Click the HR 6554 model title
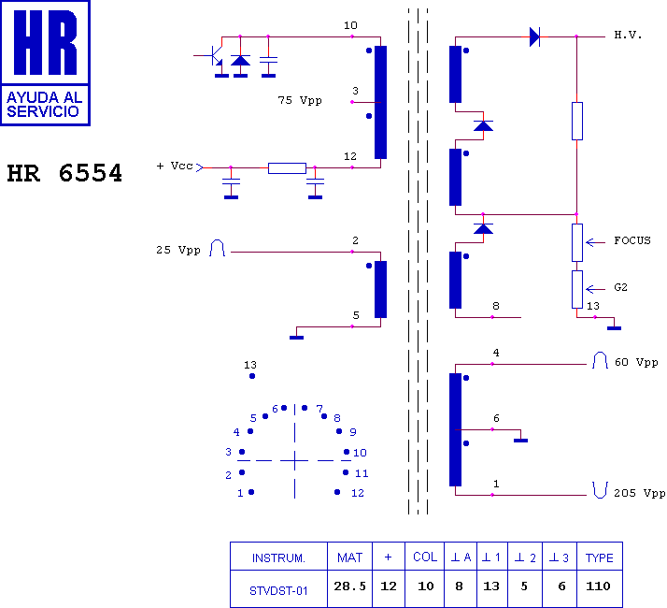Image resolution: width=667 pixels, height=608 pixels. coord(64,173)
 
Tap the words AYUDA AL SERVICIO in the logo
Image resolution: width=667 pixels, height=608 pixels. coord(44,105)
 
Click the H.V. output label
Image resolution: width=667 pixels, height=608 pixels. coord(628,35)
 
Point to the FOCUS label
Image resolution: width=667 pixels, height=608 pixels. coord(632,240)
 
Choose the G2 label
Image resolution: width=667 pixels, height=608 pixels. coord(620,287)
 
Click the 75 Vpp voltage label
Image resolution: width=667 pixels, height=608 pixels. coord(300,100)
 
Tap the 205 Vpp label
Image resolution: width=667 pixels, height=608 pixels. coord(639,493)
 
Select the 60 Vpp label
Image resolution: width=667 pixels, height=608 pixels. coord(636,362)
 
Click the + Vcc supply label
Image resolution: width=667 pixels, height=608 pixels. coord(175,166)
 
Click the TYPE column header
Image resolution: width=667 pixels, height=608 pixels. coord(600,557)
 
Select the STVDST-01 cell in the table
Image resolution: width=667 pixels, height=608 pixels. coord(278,591)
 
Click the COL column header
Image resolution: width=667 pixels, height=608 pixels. coord(425,557)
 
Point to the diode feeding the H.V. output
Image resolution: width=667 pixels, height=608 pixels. coord(534,36)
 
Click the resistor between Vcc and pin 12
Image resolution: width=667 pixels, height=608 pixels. coord(287,168)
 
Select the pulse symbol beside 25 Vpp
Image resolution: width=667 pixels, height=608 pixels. coord(217,248)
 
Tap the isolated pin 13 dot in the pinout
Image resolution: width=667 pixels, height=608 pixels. coord(252,376)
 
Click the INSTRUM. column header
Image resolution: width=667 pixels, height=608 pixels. coord(278,558)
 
